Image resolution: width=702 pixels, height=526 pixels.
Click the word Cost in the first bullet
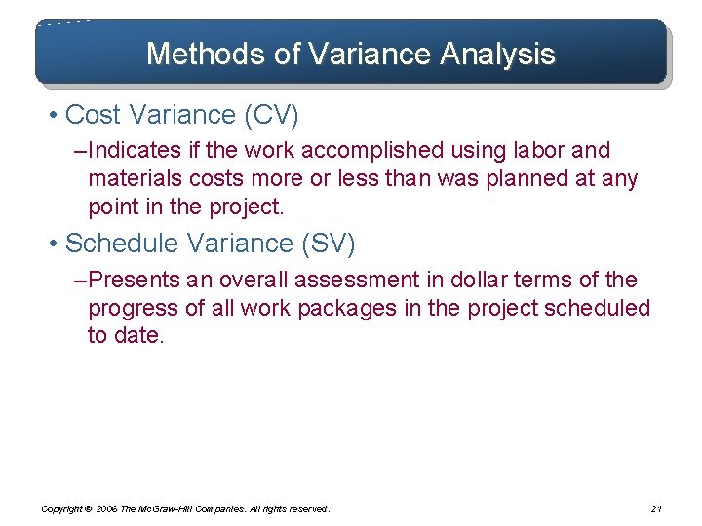[x=93, y=115]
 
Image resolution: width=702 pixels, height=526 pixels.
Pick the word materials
[x=131, y=179]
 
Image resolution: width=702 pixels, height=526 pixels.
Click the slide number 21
[x=655, y=508]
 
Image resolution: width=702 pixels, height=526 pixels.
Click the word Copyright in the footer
[x=60, y=508]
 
